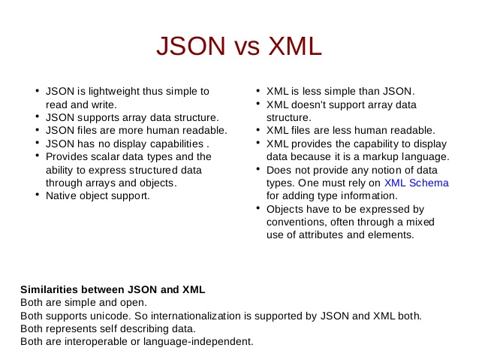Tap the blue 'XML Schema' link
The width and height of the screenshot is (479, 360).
(x=416, y=183)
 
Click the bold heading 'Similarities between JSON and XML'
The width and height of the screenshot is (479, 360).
(x=113, y=289)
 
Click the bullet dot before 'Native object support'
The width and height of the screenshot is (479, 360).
(x=37, y=195)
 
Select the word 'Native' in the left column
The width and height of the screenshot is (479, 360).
(x=61, y=195)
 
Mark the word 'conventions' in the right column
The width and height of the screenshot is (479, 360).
(x=296, y=222)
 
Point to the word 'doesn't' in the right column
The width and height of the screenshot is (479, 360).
(x=312, y=104)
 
